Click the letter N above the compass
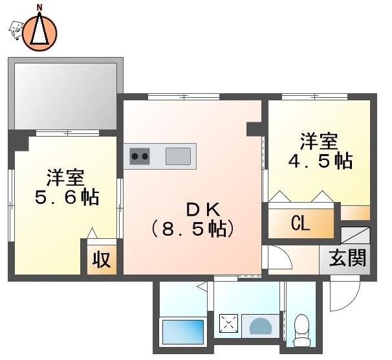pyautogui.click(x=39, y=8)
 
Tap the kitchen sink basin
pyautogui.click(x=178, y=156)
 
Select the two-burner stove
pyautogui.click(x=140, y=156)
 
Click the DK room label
pyautogui.click(x=204, y=210)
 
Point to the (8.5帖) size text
pyautogui.click(x=193, y=229)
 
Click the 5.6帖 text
pyautogui.click(x=67, y=197)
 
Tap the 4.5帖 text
pyautogui.click(x=320, y=161)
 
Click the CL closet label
pyautogui.click(x=301, y=223)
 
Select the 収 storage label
pyautogui.click(x=102, y=260)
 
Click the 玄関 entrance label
pyautogui.click(x=347, y=258)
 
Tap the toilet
pyautogui.click(x=301, y=330)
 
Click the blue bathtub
pyautogui.click(x=183, y=332)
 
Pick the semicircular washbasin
pyautogui.click(x=261, y=326)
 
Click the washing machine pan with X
pyautogui.click(x=228, y=323)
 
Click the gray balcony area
pyautogui.click(x=65, y=96)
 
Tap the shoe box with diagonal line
pyautogui.click(x=355, y=235)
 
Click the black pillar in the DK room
pyautogui.click(x=254, y=129)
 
